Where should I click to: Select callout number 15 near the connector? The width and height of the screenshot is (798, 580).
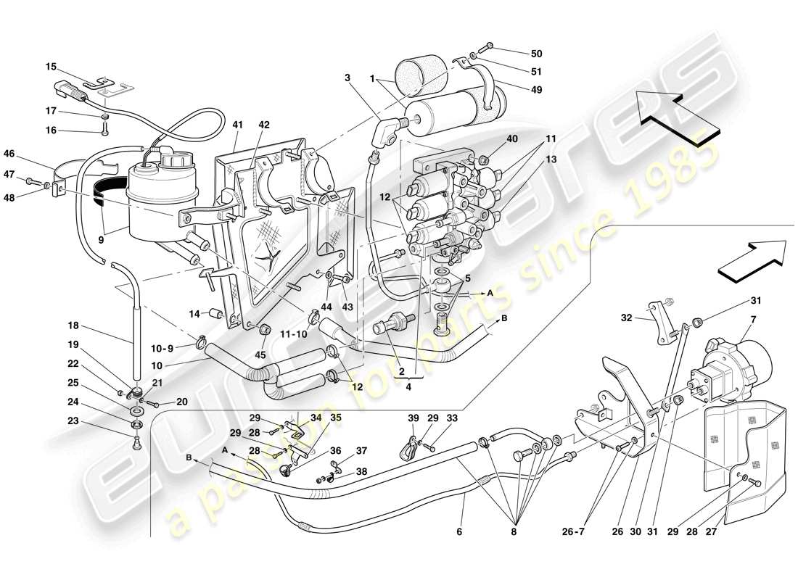(x=51, y=67)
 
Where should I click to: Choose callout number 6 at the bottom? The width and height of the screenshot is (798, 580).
(x=458, y=531)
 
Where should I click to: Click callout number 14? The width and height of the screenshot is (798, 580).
(x=194, y=313)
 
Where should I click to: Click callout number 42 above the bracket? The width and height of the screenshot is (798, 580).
(x=264, y=125)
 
